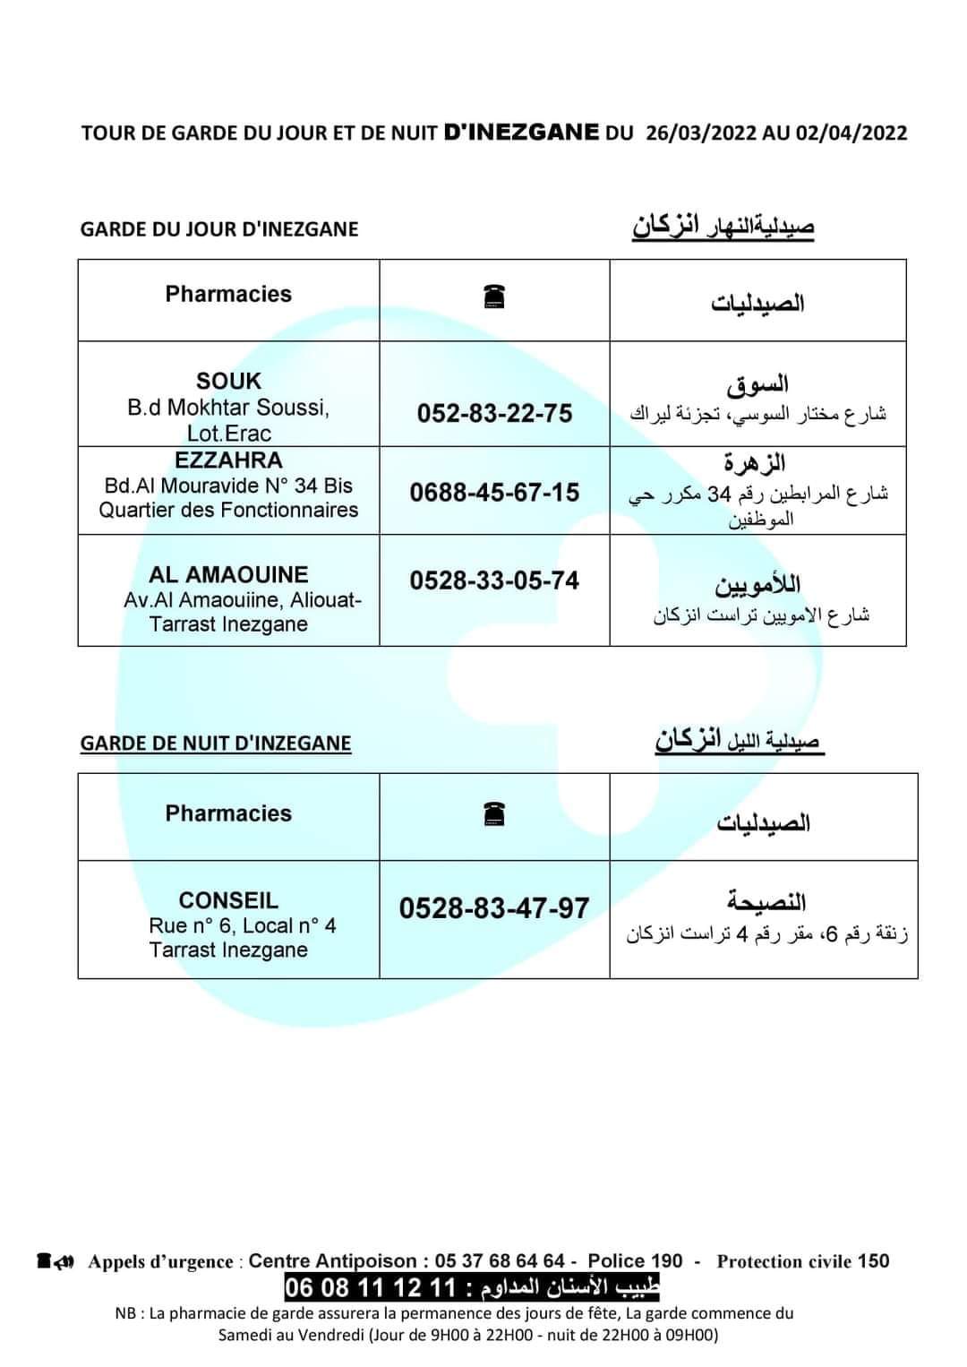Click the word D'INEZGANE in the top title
click(x=521, y=133)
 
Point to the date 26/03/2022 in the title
click(x=700, y=133)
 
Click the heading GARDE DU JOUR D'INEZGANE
click(x=219, y=229)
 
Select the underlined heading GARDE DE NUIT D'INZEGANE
click(x=216, y=744)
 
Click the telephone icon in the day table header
click(x=494, y=296)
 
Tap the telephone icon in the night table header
click(x=494, y=813)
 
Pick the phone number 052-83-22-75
click(x=494, y=413)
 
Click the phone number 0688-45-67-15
click(x=494, y=492)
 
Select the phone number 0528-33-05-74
click(x=494, y=580)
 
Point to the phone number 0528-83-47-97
click(x=494, y=908)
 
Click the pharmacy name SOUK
click(x=228, y=382)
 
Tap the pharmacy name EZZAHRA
click(x=228, y=460)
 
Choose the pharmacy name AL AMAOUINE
click(x=228, y=574)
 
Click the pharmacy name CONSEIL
click(x=228, y=900)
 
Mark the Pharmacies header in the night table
click(x=228, y=813)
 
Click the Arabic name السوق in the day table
click(x=757, y=386)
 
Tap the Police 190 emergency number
click(x=635, y=1261)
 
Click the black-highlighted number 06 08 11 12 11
click(x=371, y=1288)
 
